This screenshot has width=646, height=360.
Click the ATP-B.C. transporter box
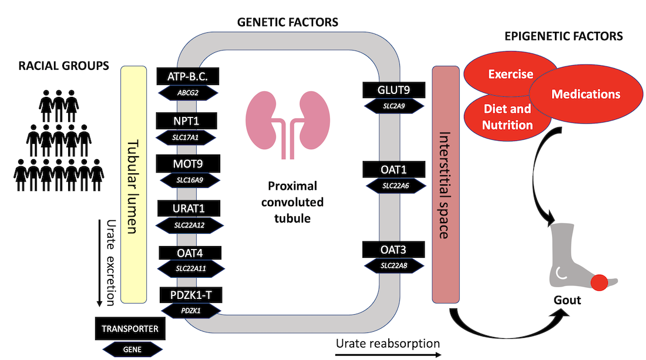[x=187, y=76]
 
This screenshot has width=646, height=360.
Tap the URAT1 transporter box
[x=189, y=208]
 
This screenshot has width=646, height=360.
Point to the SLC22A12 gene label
[x=189, y=224]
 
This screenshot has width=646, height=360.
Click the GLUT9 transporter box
[x=393, y=90]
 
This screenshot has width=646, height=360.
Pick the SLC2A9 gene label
[x=393, y=106]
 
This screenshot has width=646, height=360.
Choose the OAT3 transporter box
[x=393, y=250]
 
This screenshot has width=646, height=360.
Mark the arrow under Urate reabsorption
[x=388, y=355]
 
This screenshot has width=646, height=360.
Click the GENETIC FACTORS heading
[x=287, y=23]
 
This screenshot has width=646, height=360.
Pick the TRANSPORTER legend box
[x=130, y=329]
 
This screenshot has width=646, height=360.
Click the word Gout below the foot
[x=567, y=300]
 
